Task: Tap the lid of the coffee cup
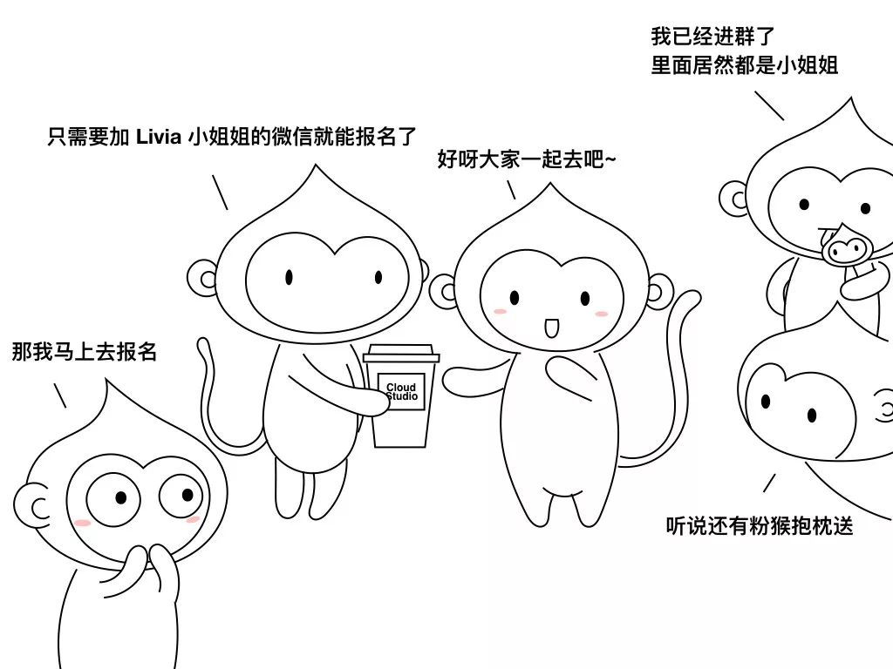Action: pyautogui.click(x=401, y=354)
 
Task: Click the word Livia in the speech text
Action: pyautogui.click(x=159, y=137)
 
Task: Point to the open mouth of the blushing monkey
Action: pyautogui.click(x=551, y=328)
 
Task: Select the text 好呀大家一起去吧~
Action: pyautogui.click(x=526, y=159)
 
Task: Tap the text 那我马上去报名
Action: pyautogui.click(x=85, y=352)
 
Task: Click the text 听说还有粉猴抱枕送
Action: pyautogui.click(x=760, y=525)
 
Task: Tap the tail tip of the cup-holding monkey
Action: pyautogui.click(x=202, y=343)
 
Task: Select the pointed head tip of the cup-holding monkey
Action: pyautogui.click(x=316, y=166)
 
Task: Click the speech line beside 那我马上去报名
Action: pyautogui.click(x=60, y=395)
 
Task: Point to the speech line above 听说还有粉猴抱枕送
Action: pyautogui.click(x=769, y=483)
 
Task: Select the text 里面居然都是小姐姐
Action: pyautogui.click(x=745, y=64)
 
